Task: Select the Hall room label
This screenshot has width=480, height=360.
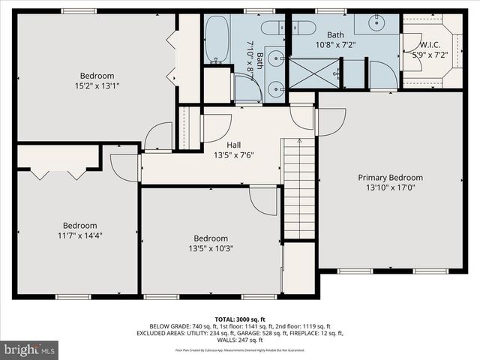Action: pos(233,145)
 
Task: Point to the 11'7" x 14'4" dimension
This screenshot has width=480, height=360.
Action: pos(79,235)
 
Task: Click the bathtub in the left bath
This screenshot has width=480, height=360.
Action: pos(217,39)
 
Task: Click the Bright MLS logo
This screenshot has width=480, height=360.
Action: pos(30,349)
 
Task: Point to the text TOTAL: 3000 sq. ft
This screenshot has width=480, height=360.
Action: pos(240,318)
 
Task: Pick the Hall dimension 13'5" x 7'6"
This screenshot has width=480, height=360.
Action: pos(233,156)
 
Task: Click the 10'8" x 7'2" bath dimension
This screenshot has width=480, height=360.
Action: pos(334,44)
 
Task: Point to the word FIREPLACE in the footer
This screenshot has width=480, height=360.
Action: pos(314,333)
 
